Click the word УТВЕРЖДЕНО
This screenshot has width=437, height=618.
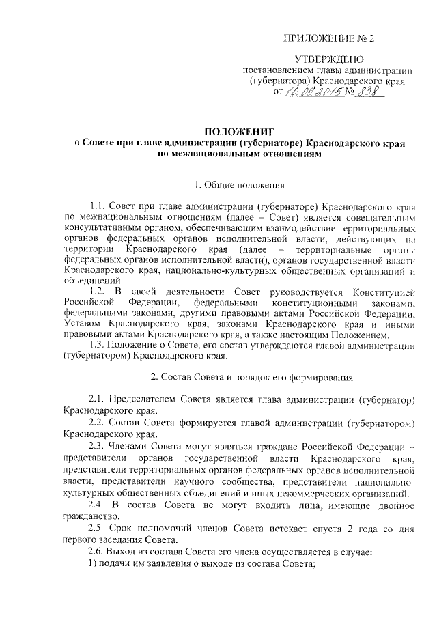click(x=329, y=60)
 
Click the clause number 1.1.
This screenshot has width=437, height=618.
click(x=99, y=205)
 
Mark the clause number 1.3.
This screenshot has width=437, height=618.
click(x=99, y=345)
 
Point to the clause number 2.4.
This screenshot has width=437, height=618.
click(x=99, y=504)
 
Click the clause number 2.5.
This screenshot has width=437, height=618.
click(x=99, y=528)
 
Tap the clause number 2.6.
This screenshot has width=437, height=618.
click(x=99, y=552)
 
